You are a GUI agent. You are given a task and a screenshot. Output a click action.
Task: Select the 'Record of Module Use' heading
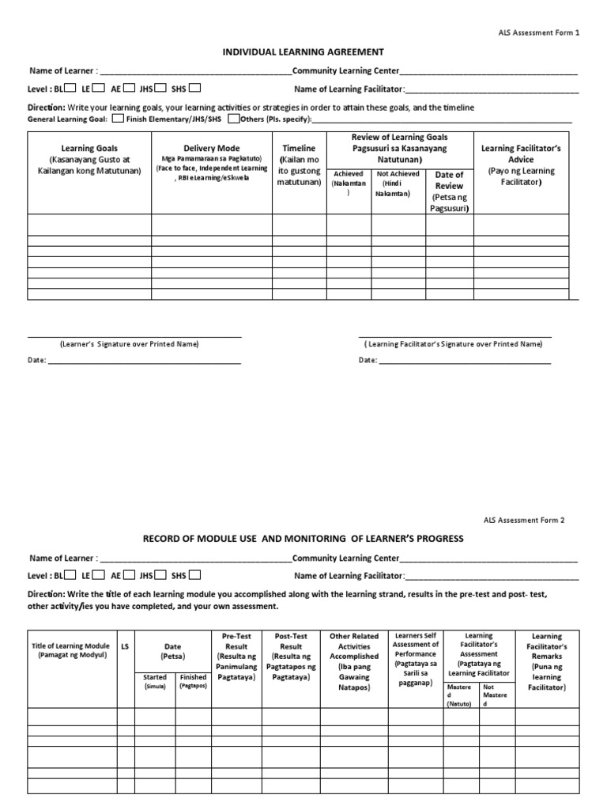pos(303,539)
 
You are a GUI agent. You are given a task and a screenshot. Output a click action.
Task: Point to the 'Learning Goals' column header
pos(89,148)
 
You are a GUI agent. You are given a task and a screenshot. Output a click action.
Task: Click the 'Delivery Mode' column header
pos(211,148)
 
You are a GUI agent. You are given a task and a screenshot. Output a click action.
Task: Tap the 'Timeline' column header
pos(299,148)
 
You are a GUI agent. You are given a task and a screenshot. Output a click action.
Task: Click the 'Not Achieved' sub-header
pos(398,173)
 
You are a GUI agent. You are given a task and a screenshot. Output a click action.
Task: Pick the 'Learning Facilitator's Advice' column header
pos(521,148)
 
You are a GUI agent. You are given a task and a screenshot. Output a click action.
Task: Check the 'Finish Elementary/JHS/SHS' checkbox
pos(117,119)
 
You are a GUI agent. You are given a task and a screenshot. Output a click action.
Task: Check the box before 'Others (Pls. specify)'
pos(234,119)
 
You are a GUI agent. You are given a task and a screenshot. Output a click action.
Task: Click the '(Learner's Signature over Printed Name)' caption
pos(129,344)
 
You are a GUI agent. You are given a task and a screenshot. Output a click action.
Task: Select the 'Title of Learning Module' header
pos(70,646)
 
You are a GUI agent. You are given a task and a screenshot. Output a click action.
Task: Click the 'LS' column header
pos(125,646)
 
